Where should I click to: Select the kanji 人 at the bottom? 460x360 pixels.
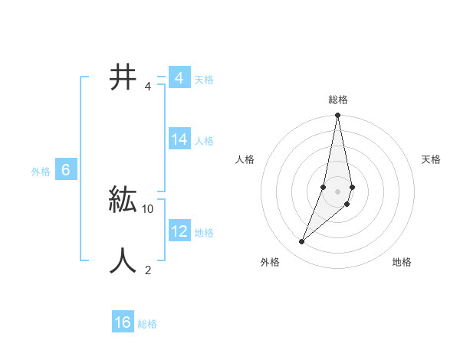[123, 260]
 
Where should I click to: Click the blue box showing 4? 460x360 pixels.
[179, 78]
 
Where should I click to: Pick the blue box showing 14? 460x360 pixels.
[179, 139]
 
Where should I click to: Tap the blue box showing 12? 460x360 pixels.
[179, 231]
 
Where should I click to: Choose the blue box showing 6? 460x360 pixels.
[66, 170]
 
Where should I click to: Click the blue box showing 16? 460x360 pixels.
[123, 322]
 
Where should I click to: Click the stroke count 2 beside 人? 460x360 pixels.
[148, 270]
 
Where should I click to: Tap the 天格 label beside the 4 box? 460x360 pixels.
[204, 80]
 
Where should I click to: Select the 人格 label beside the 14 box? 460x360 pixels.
[204, 141]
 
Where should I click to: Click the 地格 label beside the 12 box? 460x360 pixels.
[204, 233]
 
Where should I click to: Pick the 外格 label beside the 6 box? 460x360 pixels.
[41, 172]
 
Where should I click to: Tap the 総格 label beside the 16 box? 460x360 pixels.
[147, 324]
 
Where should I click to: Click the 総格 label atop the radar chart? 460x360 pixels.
[338, 100]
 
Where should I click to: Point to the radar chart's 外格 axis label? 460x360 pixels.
[270, 262]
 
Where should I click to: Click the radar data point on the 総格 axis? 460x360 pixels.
[338, 116]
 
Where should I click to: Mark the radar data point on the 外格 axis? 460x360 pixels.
[302, 242]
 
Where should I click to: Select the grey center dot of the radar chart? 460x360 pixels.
[338, 191]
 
